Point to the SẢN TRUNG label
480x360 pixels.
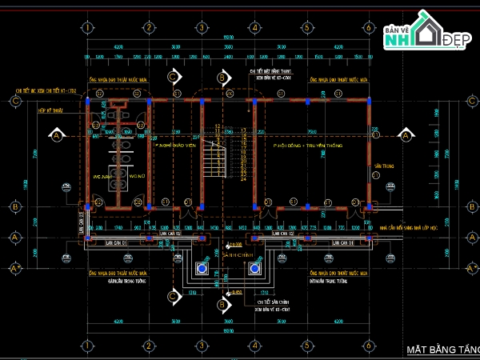pos(379,167)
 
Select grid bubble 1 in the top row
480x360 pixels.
pos(86,26)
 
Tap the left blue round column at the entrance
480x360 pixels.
pos(202,268)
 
